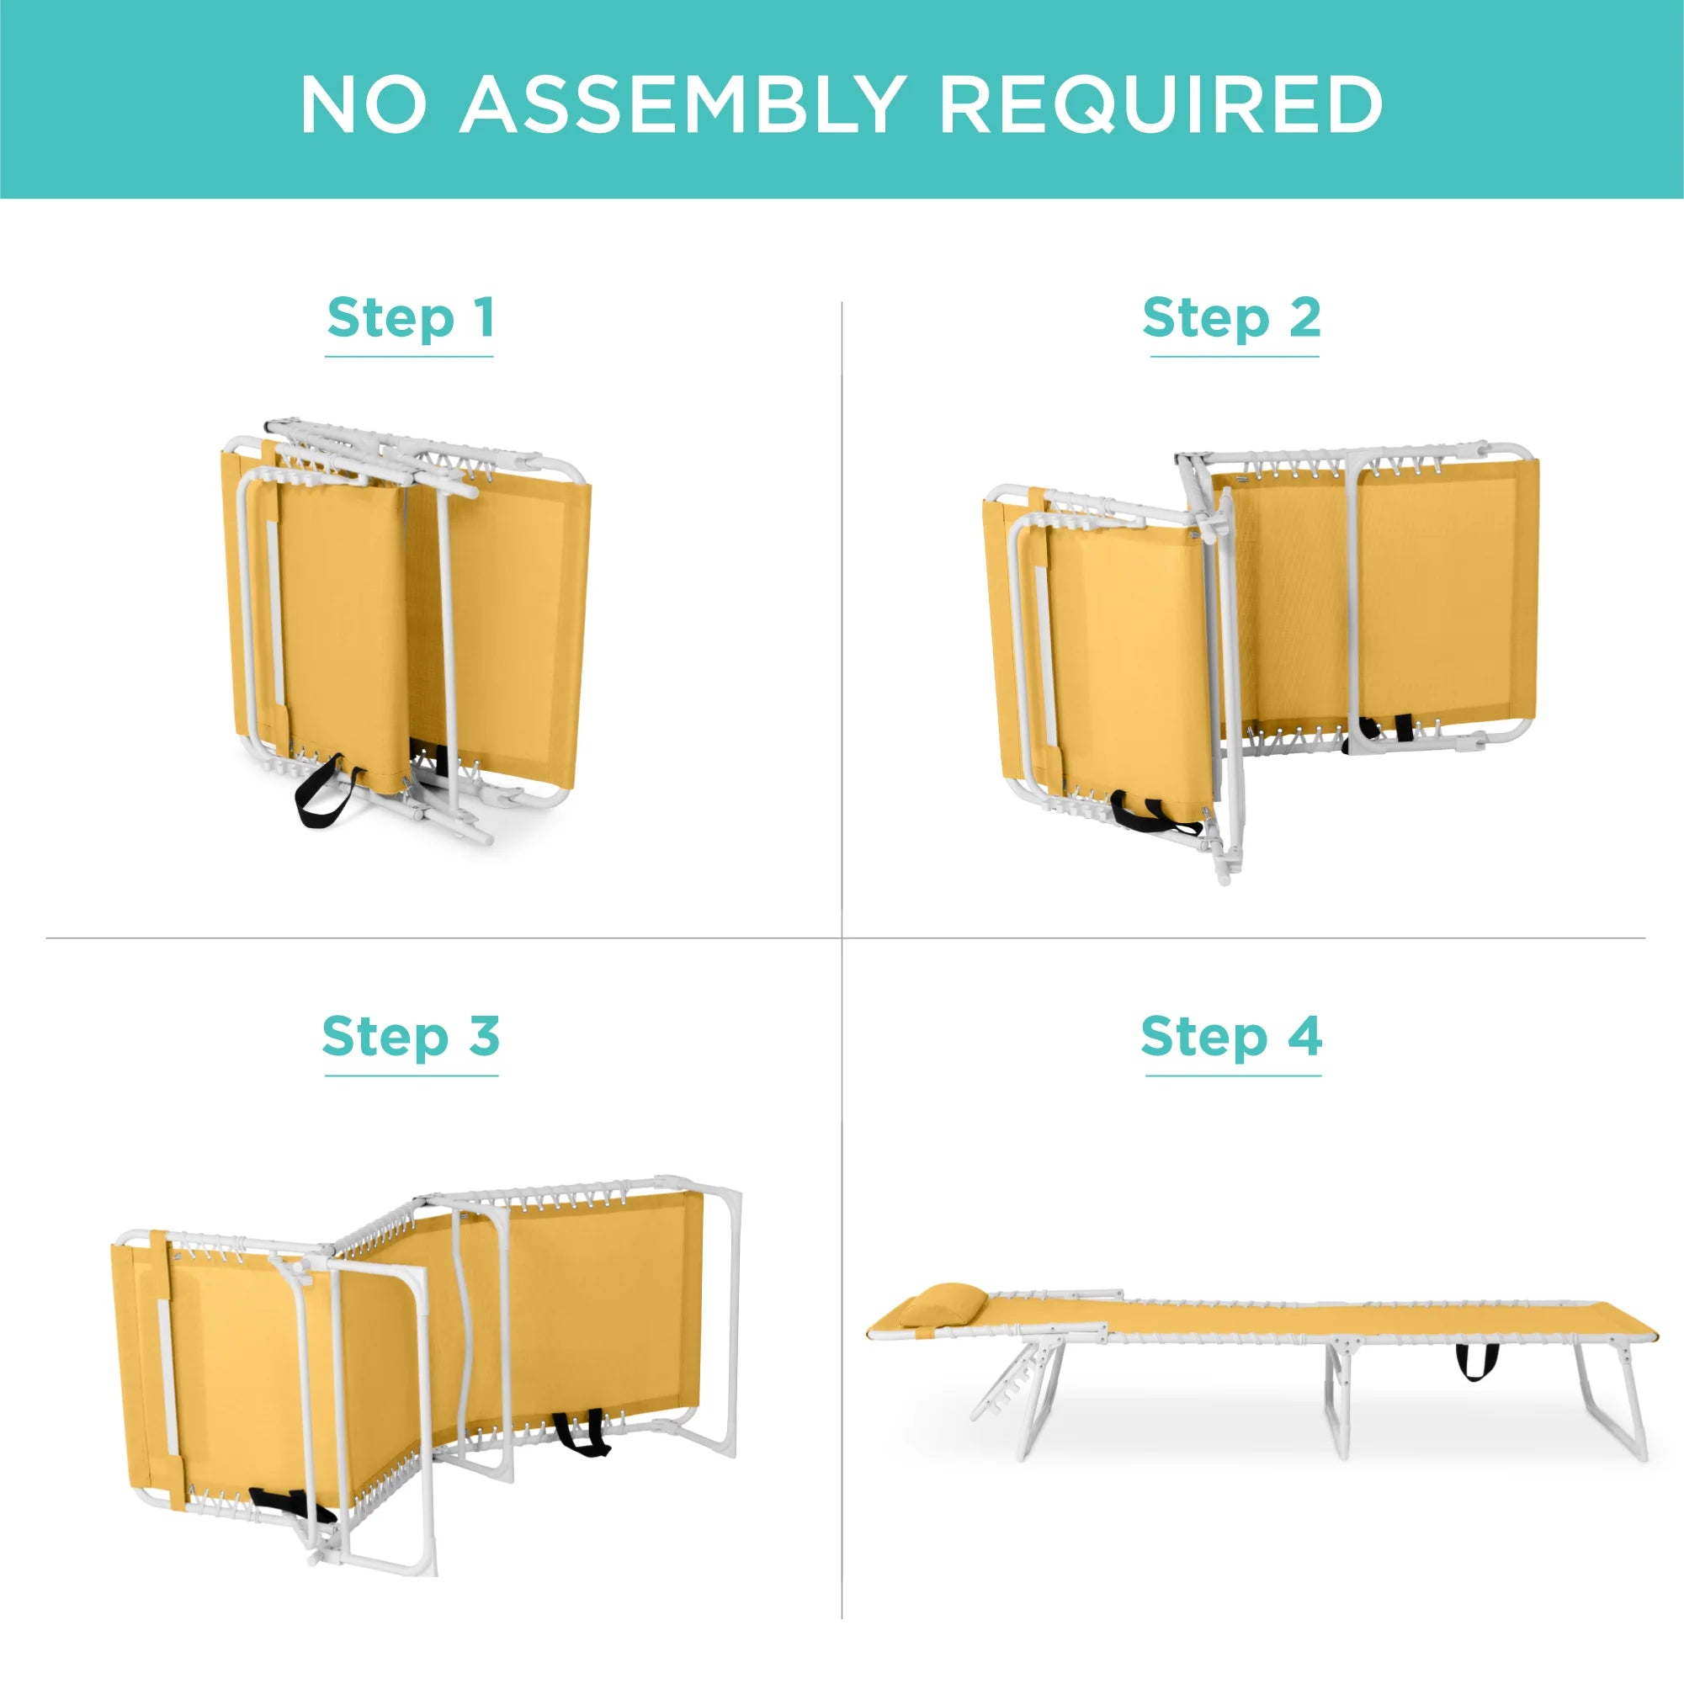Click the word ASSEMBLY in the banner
(682, 104)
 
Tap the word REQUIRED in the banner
(1161, 104)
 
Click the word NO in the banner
(364, 104)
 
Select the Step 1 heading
(411, 318)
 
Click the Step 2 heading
(1231, 318)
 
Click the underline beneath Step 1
(410, 357)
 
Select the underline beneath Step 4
(1234, 1076)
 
